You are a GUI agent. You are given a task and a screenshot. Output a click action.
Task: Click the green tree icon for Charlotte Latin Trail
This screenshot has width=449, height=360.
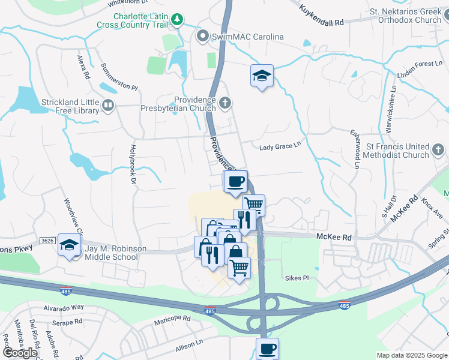177,20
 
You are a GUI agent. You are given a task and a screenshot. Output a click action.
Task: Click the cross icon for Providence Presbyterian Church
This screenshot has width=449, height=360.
225,104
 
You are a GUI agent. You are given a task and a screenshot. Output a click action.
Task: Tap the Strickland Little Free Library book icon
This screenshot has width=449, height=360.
108,106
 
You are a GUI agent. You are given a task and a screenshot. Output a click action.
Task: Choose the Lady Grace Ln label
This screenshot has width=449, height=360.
279,148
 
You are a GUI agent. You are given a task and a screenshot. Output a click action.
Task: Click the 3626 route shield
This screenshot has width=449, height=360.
48,241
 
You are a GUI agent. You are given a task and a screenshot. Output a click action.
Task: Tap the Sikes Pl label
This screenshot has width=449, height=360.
297,278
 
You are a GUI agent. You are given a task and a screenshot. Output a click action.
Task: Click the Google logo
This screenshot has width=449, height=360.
20,353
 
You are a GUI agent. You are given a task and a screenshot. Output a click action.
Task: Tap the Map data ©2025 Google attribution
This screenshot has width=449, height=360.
411,355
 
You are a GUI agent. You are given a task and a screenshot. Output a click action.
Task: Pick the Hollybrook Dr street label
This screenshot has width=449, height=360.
131,162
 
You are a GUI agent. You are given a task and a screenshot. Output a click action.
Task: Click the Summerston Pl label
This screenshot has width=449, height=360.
119,77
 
